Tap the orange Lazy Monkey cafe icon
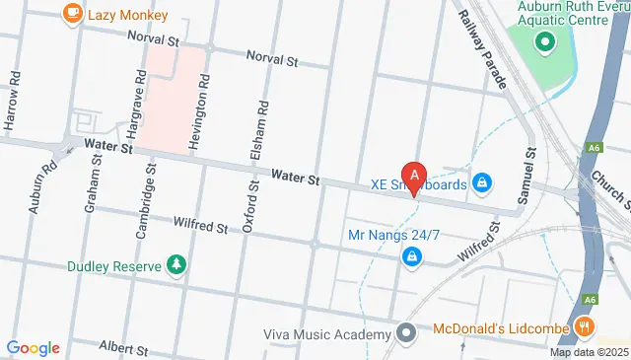point(72,13)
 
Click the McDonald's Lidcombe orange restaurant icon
point(585,326)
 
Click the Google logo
point(33,347)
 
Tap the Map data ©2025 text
point(589,352)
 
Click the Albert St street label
point(123,349)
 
